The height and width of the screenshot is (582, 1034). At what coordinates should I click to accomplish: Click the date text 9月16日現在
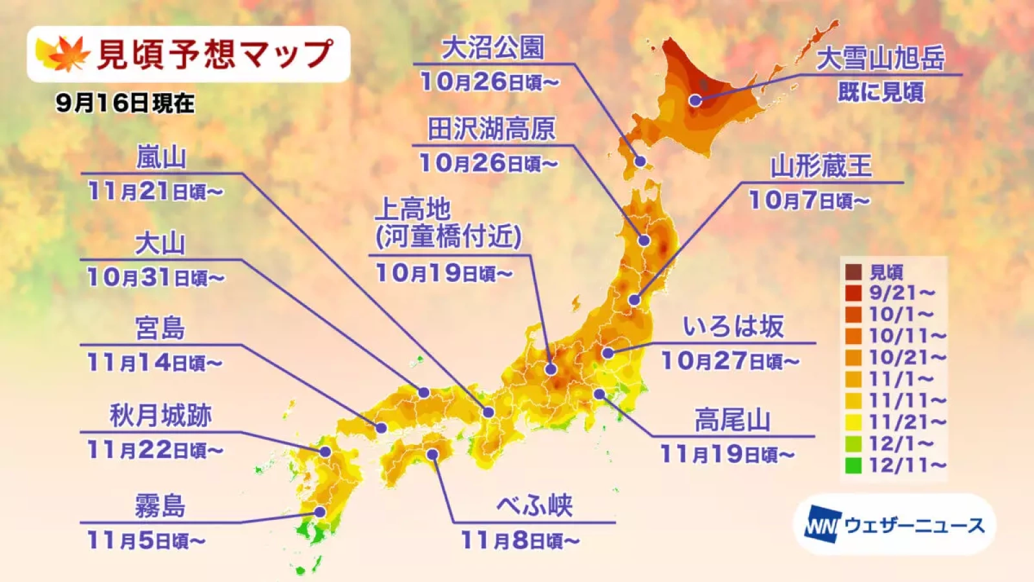(125, 103)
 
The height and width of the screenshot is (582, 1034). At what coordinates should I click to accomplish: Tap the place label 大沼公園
(492, 47)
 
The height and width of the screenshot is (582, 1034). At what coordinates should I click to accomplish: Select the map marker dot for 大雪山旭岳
(695, 100)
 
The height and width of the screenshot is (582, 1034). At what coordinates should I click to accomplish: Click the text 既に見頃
(880, 92)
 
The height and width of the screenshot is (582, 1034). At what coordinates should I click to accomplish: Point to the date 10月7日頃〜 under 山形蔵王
(808, 200)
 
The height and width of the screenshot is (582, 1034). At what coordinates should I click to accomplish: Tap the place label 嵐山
(161, 157)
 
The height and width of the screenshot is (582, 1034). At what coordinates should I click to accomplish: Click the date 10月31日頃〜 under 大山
(155, 277)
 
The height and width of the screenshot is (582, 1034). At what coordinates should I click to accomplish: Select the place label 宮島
(160, 329)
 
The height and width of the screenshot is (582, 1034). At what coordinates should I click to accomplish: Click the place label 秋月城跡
(160, 415)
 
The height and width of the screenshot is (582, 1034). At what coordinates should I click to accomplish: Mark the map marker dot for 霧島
(319, 512)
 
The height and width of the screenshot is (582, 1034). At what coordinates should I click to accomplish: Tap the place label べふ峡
(534, 506)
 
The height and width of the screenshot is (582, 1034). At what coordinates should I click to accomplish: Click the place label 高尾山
(732, 420)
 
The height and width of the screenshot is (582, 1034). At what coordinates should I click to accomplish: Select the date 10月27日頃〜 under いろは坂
(730, 361)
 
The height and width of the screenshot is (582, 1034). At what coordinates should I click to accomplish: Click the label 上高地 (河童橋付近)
(447, 223)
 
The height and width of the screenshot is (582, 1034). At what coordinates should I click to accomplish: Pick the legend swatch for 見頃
(853, 272)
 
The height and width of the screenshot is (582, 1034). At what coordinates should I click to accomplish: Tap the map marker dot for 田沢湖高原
(644, 241)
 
